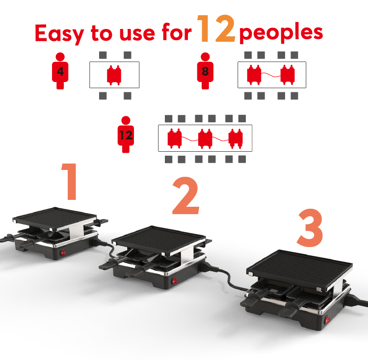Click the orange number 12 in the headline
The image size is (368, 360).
click(216, 28)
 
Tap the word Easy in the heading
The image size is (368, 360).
click(59, 33)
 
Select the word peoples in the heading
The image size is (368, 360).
click(281, 32)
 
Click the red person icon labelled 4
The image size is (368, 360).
click(60, 71)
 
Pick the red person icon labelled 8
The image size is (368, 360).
click(205, 71)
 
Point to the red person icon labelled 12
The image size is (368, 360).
click(126, 135)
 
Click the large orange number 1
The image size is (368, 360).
click(70, 181)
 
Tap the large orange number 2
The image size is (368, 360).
click(186, 195)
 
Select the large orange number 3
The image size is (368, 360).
click(310, 228)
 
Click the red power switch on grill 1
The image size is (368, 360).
click(63, 252)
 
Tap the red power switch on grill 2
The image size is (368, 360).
click(175, 281)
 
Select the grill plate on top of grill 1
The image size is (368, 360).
click(55, 218)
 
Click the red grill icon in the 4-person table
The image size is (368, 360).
click(114, 75)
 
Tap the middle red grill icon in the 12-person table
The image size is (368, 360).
click(205, 138)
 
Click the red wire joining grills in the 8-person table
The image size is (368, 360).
click(271, 75)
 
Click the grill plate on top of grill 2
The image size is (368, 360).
click(159, 240)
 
